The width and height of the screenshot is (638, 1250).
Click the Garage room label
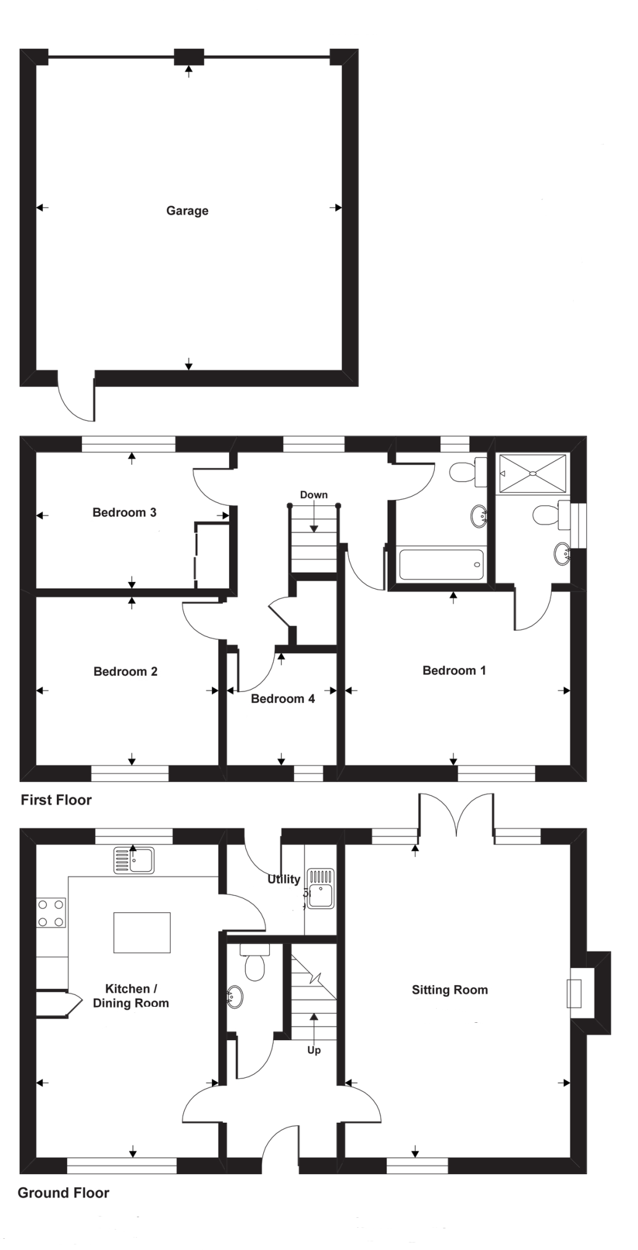tap(187, 210)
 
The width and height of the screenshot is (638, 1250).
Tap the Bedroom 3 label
tap(124, 512)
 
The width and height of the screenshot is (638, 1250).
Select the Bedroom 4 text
tap(283, 699)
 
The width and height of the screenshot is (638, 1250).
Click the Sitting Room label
tap(450, 990)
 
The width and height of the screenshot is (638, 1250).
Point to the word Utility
tap(283, 879)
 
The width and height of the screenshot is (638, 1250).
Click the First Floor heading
tap(56, 800)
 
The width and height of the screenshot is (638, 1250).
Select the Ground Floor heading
tap(63, 1193)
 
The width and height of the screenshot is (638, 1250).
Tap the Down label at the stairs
tap(314, 495)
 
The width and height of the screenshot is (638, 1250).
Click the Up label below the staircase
tap(314, 1050)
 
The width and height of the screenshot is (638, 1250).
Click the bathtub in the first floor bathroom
tap(441, 564)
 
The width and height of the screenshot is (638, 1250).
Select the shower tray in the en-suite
tap(532, 473)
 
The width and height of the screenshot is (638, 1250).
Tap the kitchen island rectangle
tap(141, 933)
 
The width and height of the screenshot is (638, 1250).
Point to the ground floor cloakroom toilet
tap(254, 963)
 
